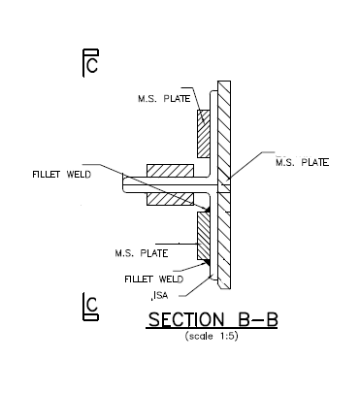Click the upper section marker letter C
pos(91,66)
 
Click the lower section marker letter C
pos(91,310)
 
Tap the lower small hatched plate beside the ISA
pos(205,237)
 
